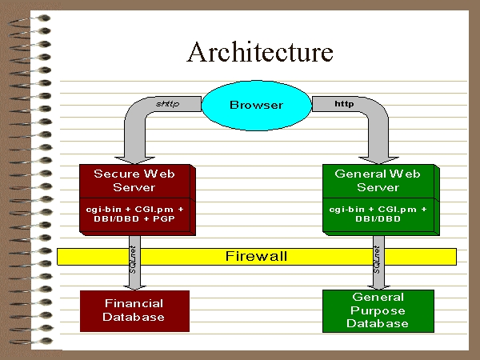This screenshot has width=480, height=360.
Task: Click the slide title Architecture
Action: click(x=260, y=52)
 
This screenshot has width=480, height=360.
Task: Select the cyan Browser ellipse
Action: click(x=257, y=106)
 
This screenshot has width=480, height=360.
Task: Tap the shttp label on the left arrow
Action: click(x=167, y=104)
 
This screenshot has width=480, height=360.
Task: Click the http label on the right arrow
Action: click(x=344, y=104)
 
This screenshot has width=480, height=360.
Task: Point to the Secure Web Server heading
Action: click(x=134, y=181)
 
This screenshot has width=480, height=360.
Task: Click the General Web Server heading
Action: click(x=378, y=181)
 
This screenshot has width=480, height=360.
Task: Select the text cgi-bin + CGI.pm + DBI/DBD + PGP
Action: click(x=134, y=214)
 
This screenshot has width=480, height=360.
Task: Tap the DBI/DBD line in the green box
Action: click(x=378, y=219)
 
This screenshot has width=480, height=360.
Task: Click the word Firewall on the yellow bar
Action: click(x=257, y=256)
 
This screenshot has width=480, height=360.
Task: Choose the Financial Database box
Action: click(x=134, y=311)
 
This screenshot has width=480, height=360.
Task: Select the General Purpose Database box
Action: click(x=378, y=311)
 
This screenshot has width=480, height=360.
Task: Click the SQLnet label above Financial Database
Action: click(x=133, y=259)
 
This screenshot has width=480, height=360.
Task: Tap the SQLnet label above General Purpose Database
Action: click(x=377, y=259)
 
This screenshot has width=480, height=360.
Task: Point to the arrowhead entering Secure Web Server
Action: click(x=134, y=161)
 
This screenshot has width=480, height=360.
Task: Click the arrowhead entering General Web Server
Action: click(x=378, y=161)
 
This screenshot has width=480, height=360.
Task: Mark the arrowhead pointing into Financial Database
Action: click(x=134, y=287)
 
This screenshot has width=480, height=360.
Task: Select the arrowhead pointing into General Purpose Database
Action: click(x=378, y=287)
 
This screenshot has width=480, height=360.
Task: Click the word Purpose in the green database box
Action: click(x=378, y=310)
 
